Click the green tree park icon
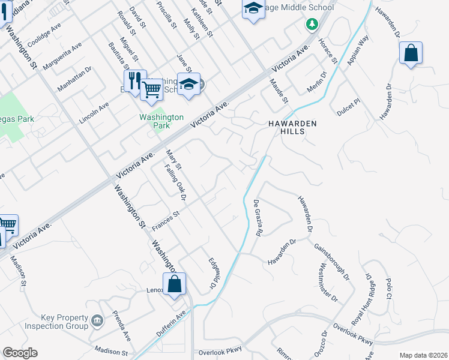pyautogui.click(x=311, y=23)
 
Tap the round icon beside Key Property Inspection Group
pyautogui.click(x=96, y=322)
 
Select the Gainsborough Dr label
pyautogui.click(x=331, y=262)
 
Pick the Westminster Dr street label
pyautogui.click(x=329, y=282)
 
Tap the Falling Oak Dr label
pyautogui.click(x=176, y=183)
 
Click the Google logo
pyautogui.click(x=20, y=353)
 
